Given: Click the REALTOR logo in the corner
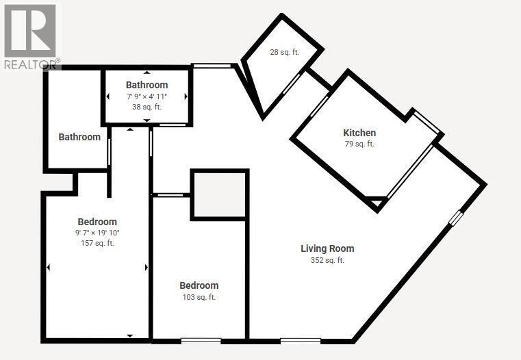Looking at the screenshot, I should pyautogui.click(x=30, y=34).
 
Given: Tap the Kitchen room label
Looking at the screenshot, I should pyautogui.click(x=359, y=133).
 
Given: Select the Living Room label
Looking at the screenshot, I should pyautogui.click(x=327, y=248).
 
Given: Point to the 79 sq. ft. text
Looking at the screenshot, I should pyautogui.click(x=359, y=144).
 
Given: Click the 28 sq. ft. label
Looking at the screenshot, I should pyautogui.click(x=283, y=52).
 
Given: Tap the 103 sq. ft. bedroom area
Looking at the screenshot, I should pyautogui.click(x=199, y=297).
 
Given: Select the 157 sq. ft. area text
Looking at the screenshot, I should pyautogui.click(x=97, y=244).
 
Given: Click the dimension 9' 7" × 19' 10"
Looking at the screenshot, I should pyautogui.click(x=97, y=233).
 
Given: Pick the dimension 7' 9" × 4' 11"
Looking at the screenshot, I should pyautogui.click(x=147, y=97).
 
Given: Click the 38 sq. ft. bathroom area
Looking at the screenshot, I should pyautogui.click(x=147, y=107).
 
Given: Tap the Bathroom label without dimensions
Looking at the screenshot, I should pyautogui.click(x=79, y=137).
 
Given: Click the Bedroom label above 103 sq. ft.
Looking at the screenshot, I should pyautogui.click(x=199, y=285).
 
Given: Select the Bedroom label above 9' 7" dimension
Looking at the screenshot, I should pyautogui.click(x=97, y=222).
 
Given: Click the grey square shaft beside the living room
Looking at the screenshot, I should pyautogui.click(x=218, y=195).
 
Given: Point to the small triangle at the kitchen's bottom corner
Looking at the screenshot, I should pyautogui.click(x=375, y=203).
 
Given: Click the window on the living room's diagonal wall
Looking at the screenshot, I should pyautogui.click(x=456, y=218).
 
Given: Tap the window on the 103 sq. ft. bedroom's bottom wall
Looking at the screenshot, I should pyautogui.click(x=201, y=339).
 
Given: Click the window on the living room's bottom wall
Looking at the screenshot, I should pyautogui.click(x=300, y=339).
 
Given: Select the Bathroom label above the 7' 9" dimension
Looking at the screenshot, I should pyautogui.click(x=147, y=85).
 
